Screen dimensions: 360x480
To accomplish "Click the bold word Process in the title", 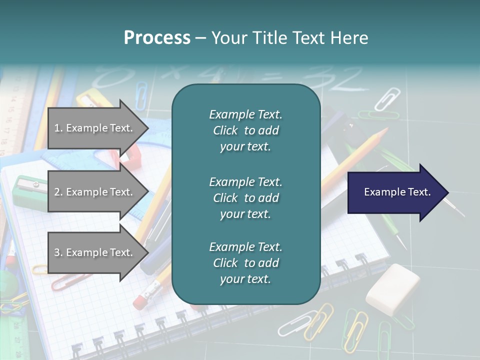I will point(157,38).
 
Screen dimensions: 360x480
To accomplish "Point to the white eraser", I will point(393,289).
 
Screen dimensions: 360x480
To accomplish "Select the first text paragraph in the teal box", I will point(245,130).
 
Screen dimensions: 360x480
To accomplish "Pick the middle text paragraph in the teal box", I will point(245,198).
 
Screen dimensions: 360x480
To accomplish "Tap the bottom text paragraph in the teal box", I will point(245,263).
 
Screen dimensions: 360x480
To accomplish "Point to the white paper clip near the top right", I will point(387,98).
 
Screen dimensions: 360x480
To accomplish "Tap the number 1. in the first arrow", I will point(58,128).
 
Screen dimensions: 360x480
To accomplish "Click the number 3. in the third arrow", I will point(58,252).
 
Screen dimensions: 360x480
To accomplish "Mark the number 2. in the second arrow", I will point(58,192).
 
